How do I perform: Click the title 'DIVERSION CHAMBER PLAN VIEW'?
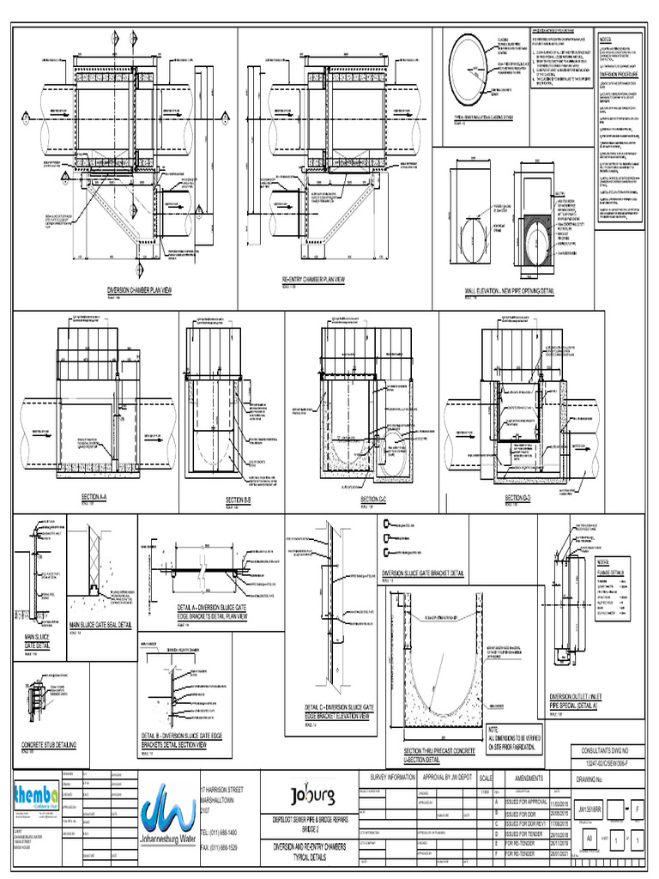tap(139, 291)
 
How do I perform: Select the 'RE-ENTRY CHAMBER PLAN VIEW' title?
tap(313, 280)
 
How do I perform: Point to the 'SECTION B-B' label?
tap(238, 500)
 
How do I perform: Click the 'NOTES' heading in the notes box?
tap(606, 39)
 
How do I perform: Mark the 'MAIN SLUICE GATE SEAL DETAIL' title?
tap(100, 625)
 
